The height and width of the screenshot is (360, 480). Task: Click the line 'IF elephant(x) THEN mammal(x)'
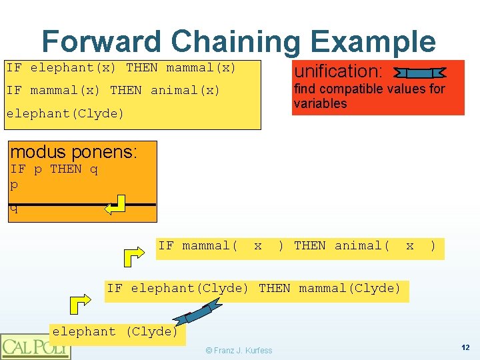[x=121, y=67]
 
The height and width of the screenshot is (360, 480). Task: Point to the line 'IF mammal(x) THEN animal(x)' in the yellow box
[x=113, y=90]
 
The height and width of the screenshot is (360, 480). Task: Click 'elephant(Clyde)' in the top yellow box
[x=65, y=113]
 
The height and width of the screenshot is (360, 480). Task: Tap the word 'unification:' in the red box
[x=338, y=71]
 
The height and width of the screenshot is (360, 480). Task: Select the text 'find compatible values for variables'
[x=369, y=96]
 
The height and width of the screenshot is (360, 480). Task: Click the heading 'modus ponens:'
[x=73, y=152]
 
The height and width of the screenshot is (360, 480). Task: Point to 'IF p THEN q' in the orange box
[x=54, y=169]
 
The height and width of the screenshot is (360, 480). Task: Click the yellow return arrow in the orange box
[x=116, y=205]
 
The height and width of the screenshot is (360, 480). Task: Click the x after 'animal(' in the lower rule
[x=410, y=245]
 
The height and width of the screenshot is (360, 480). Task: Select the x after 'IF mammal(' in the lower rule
[x=258, y=245]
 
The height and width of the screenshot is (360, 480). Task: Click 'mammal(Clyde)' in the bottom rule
[x=350, y=288]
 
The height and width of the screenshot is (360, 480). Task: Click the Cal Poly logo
[x=35, y=346]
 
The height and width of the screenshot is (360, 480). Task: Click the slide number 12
[x=465, y=347]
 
